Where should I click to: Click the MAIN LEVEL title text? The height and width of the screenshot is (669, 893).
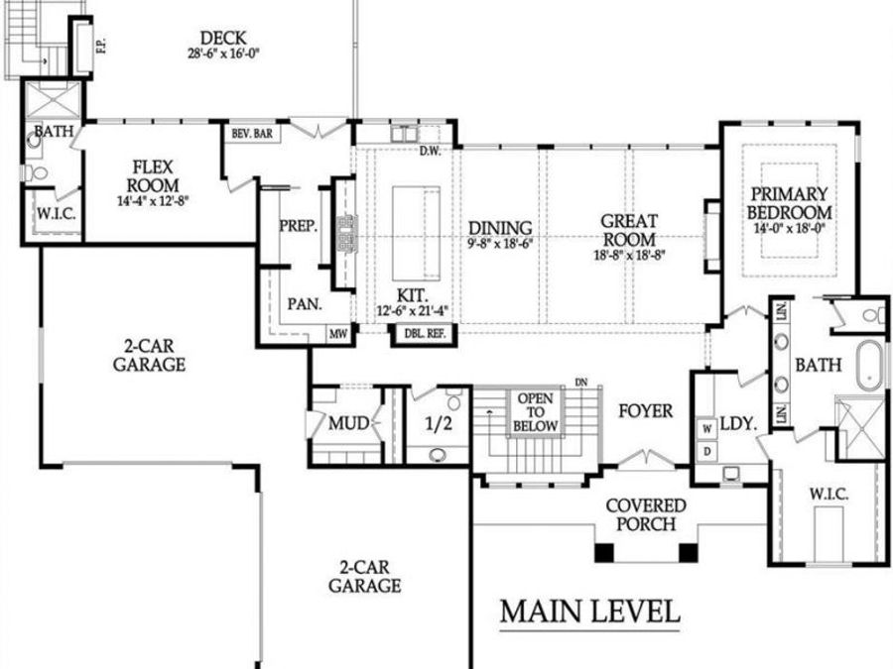(589, 612)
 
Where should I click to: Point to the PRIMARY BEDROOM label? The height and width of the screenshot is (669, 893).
(790, 205)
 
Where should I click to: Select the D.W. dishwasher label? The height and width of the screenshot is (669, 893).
(429, 152)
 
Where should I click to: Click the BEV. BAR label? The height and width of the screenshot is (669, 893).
(253, 133)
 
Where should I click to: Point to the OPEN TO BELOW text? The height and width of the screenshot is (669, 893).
(535, 412)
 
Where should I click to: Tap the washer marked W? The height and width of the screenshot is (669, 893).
(707, 429)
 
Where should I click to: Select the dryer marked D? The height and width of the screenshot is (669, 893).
(707, 451)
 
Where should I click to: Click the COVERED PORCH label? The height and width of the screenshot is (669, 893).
(646, 514)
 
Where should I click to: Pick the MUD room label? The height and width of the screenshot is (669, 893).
(349, 424)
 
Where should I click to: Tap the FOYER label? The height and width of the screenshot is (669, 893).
(645, 410)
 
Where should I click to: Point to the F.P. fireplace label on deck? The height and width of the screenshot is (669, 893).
(100, 47)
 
